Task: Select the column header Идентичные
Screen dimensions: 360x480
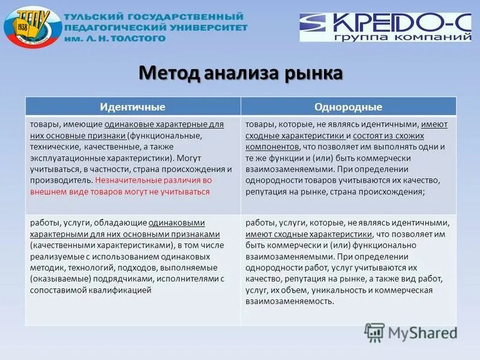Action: (x=132, y=107)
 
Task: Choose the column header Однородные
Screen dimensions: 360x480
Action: (x=348, y=107)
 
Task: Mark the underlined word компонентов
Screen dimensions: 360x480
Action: (x=272, y=147)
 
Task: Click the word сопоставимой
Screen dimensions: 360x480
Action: (x=56, y=290)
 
